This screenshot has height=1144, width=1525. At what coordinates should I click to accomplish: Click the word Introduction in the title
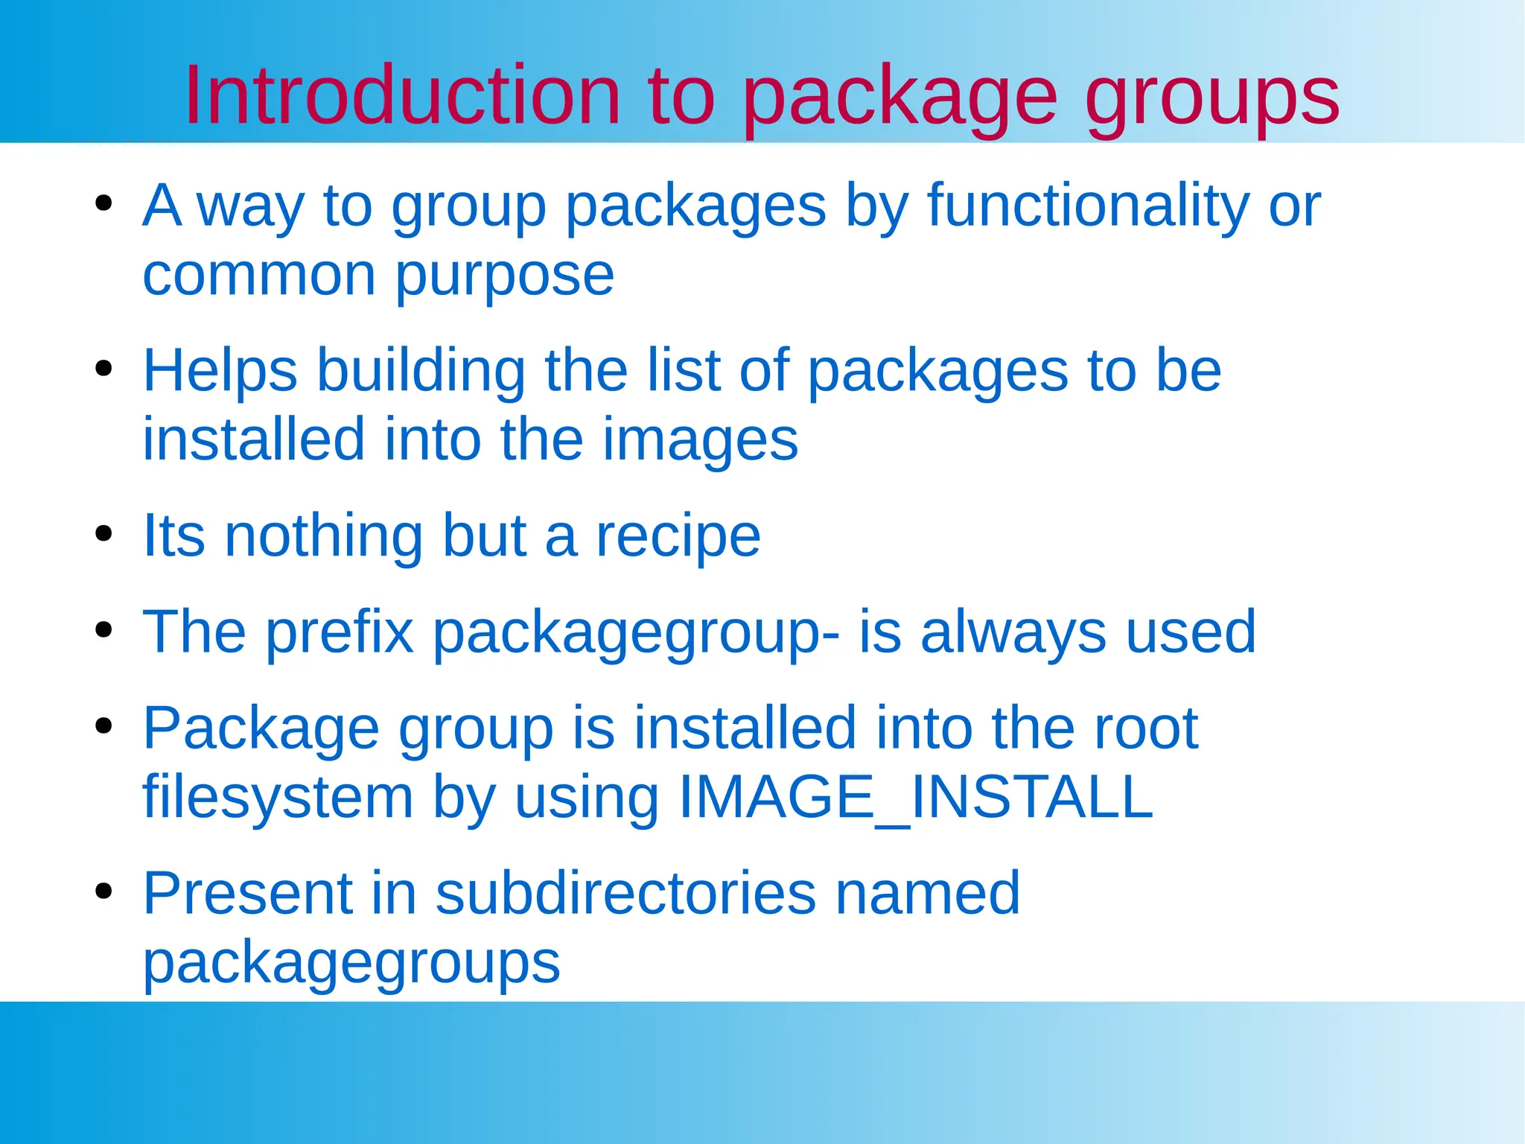[x=402, y=96]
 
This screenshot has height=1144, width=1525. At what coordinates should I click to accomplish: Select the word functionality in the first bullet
[x=1088, y=206]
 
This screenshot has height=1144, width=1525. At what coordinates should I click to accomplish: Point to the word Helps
[x=220, y=371]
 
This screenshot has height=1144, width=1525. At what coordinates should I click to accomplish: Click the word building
[x=421, y=370]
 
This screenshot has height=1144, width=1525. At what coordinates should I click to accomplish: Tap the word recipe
[x=678, y=536]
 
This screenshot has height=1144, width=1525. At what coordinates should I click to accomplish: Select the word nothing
[x=324, y=536]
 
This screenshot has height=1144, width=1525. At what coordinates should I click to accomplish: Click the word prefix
[x=340, y=632]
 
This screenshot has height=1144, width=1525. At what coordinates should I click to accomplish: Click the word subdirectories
[x=625, y=893]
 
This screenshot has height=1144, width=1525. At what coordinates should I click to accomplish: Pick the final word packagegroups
[x=351, y=964]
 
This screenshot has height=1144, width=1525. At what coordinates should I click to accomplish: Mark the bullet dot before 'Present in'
[x=104, y=891]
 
